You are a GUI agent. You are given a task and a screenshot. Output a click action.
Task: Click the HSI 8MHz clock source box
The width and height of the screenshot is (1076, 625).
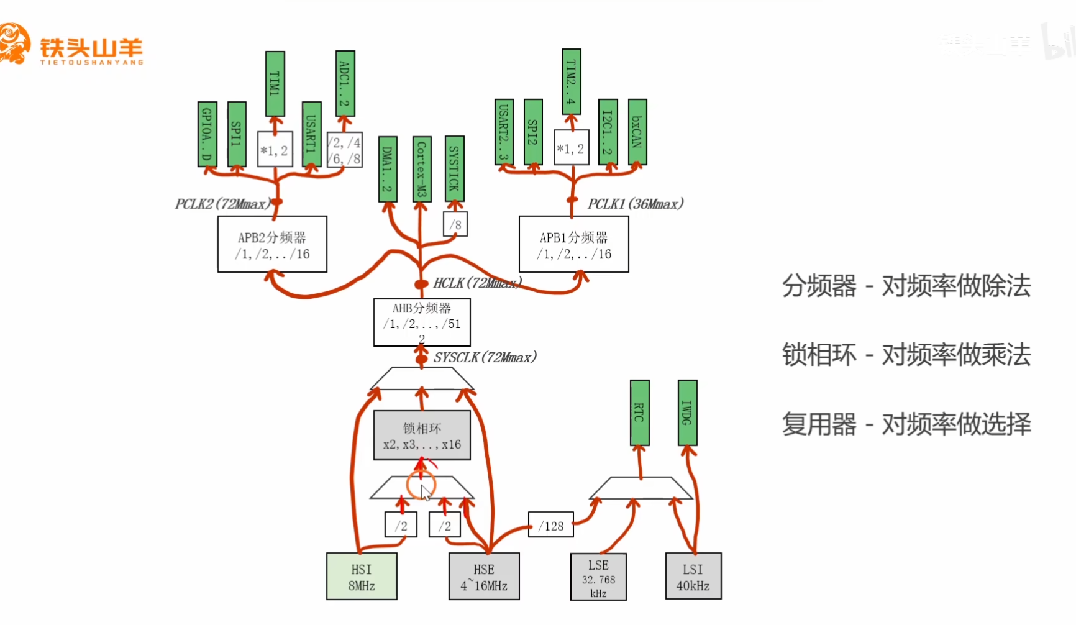tap(362, 577)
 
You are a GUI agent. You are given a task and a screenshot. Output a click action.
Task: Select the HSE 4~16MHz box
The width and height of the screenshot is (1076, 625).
tap(484, 577)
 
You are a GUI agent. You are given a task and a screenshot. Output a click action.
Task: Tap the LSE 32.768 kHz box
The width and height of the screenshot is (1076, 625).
tap(598, 577)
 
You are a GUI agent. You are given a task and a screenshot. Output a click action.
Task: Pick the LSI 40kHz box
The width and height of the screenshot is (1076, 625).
tap(693, 577)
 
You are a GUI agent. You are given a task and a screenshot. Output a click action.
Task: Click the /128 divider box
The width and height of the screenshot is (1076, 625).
tap(550, 525)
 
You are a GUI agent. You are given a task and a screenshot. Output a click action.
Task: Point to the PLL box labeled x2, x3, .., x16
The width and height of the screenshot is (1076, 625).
tap(422, 436)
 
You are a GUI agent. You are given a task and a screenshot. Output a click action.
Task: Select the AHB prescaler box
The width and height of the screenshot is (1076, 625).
tap(422, 322)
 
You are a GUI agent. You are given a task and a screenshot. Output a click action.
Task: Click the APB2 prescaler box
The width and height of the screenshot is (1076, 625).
tap(272, 244)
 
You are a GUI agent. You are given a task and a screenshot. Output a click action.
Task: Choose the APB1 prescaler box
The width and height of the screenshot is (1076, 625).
tap(573, 244)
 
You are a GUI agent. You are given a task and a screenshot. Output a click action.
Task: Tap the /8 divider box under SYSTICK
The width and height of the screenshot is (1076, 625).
tap(455, 224)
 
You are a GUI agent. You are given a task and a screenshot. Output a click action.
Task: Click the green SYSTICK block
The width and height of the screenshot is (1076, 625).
tap(455, 168)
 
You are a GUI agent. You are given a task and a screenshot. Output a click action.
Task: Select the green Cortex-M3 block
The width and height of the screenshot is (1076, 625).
tap(421, 168)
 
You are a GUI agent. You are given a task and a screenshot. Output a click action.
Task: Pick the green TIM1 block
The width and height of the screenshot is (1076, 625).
tap(275, 83)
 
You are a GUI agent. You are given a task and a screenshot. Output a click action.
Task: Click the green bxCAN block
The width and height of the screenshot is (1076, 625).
tap(637, 131)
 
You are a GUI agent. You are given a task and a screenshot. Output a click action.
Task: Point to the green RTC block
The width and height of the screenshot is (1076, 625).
tap(639, 412)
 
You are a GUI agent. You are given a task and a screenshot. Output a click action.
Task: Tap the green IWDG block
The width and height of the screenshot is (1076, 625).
tap(687, 412)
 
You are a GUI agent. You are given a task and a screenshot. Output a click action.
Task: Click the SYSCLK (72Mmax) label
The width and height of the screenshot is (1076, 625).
tap(485, 357)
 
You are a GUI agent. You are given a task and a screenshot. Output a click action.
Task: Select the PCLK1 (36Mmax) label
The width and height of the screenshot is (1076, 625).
tap(635, 204)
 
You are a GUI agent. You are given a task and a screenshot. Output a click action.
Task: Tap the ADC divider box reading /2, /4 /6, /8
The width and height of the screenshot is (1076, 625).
tap(344, 150)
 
